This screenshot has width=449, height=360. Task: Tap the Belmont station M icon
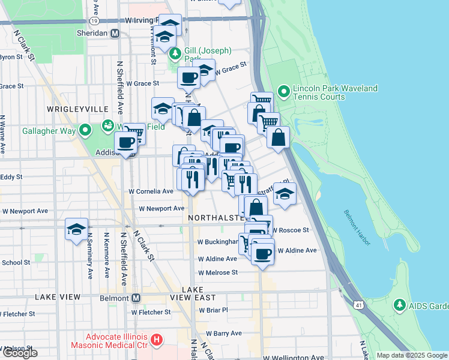click(x=136, y=298)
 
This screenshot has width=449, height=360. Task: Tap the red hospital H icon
click(x=156, y=340)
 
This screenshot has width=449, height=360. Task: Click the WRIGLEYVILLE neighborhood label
click(x=78, y=109)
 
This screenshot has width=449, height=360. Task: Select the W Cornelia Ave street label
click(x=151, y=191)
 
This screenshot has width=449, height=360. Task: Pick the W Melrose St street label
click(x=218, y=272)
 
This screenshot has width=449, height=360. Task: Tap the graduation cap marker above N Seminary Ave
click(x=76, y=230)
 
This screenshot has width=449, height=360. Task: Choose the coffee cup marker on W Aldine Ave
click(x=262, y=252)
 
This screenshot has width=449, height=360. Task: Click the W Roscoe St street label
click(x=291, y=230)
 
